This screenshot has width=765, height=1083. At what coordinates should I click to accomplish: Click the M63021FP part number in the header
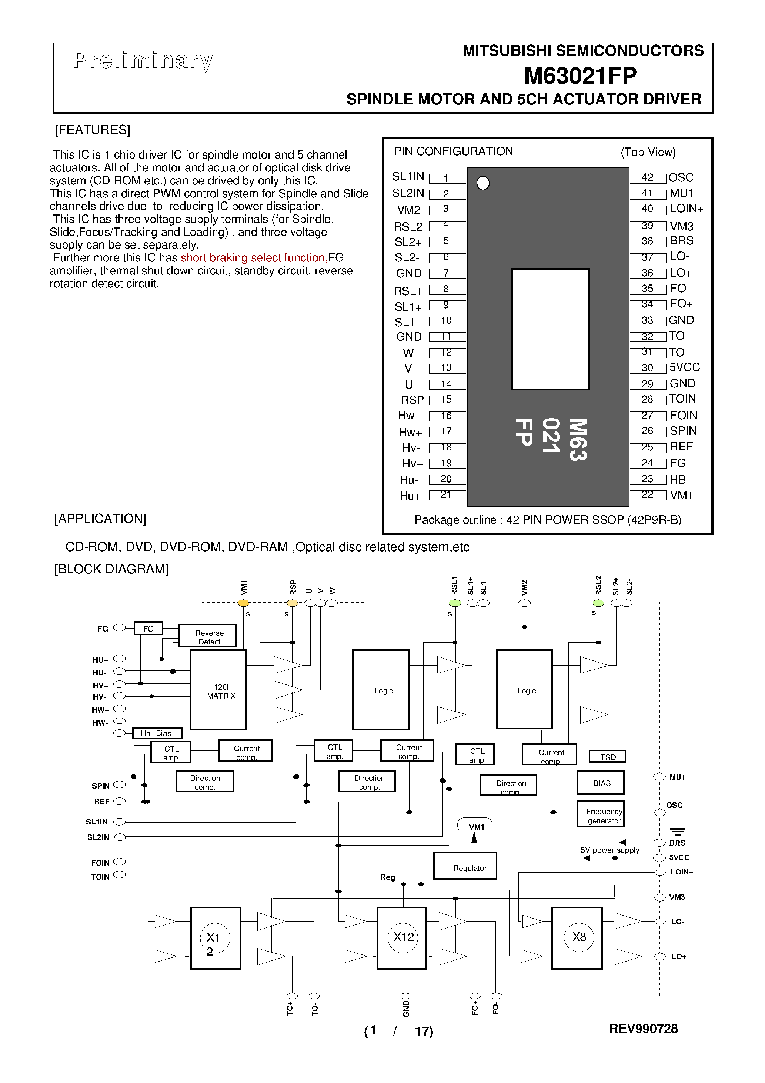coord(580,76)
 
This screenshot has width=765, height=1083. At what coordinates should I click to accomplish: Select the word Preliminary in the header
coord(143,60)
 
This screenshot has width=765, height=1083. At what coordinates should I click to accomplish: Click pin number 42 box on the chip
coord(648,178)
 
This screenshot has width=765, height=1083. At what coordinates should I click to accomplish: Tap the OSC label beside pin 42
coord(681,178)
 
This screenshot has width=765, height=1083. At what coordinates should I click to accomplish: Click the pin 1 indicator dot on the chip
coord(483,183)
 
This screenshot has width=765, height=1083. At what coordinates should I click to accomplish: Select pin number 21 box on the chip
coord(446,495)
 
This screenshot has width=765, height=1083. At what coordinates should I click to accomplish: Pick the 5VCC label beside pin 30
coord(684,367)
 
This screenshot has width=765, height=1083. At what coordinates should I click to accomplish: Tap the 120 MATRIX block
coord(218,690)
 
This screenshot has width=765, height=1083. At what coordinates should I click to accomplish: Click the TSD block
coord(608,757)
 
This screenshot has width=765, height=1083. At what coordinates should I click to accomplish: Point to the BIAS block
coord(601,783)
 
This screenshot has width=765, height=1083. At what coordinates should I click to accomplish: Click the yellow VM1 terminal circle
coord(243,603)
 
